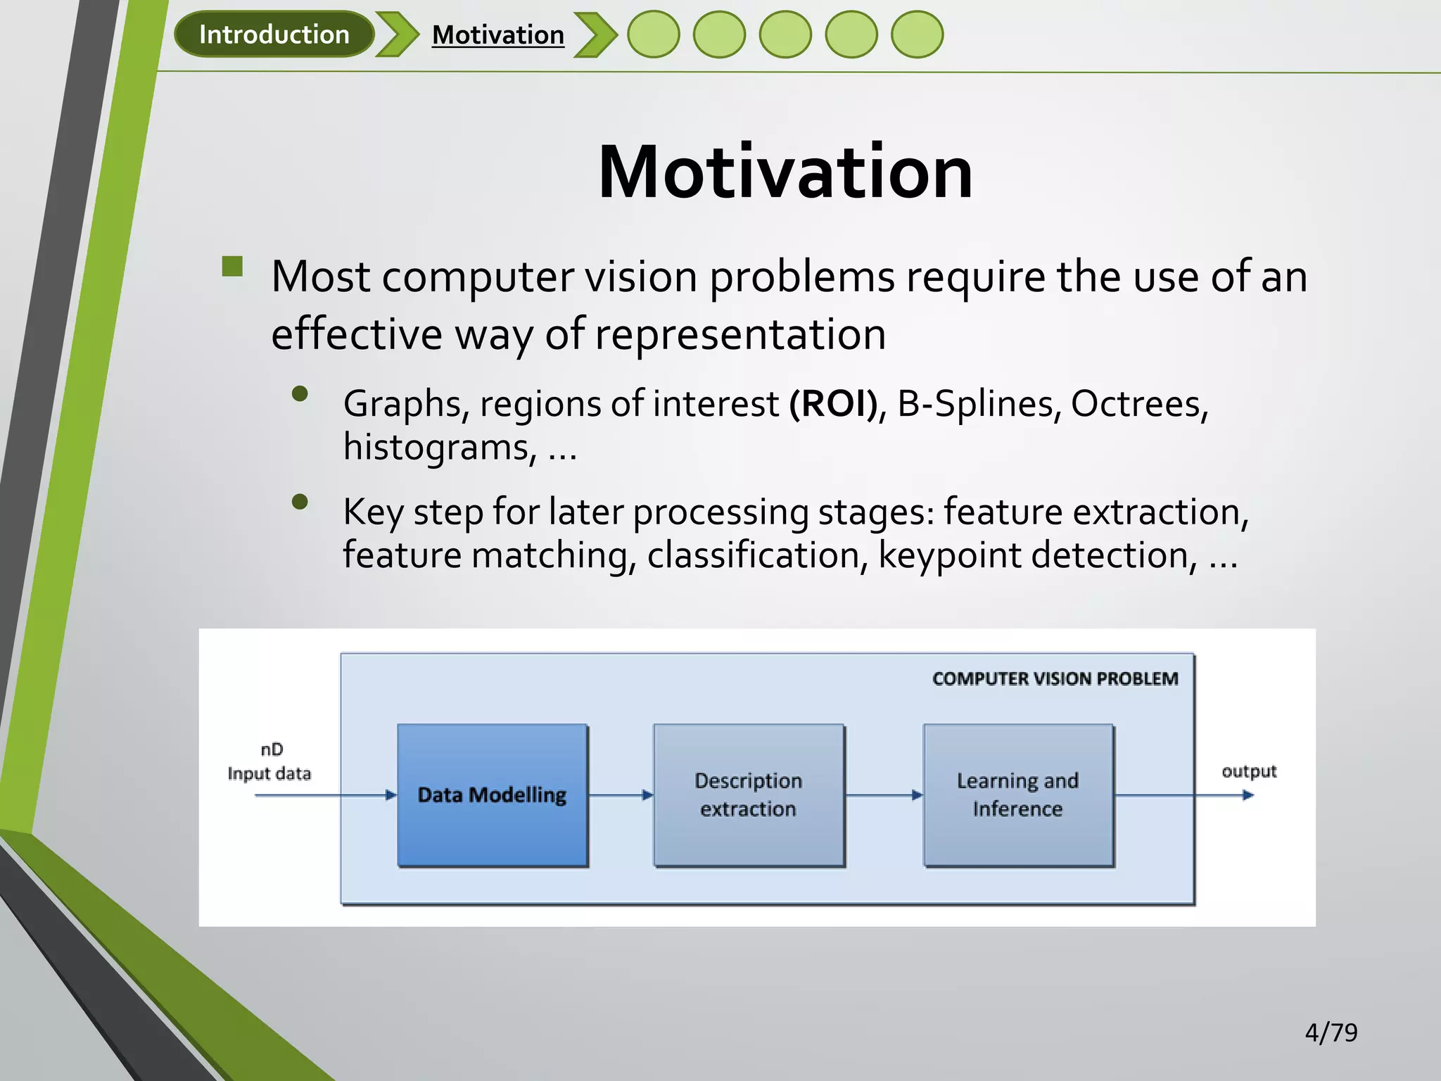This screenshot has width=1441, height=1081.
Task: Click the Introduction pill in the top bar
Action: (274, 34)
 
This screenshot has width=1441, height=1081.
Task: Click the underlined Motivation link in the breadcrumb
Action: (497, 34)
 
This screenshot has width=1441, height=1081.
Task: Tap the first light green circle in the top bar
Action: (653, 34)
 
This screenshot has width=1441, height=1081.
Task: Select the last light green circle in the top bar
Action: (917, 34)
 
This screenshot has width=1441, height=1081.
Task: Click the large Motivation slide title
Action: (785, 172)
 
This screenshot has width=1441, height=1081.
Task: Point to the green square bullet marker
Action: (232, 266)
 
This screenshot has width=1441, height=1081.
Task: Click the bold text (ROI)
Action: (833, 404)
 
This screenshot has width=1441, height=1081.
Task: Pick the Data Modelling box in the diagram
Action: (493, 795)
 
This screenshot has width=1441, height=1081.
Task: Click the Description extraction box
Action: (749, 795)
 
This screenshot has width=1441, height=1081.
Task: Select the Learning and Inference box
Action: (1018, 795)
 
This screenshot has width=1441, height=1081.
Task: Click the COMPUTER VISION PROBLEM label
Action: (1055, 678)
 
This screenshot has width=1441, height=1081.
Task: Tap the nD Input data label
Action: (269, 761)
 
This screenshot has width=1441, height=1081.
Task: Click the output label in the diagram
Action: (1249, 771)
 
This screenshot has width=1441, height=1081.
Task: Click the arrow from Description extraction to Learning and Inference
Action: (884, 795)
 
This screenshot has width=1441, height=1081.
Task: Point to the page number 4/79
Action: (1331, 1032)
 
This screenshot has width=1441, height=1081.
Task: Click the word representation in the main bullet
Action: (740, 334)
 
